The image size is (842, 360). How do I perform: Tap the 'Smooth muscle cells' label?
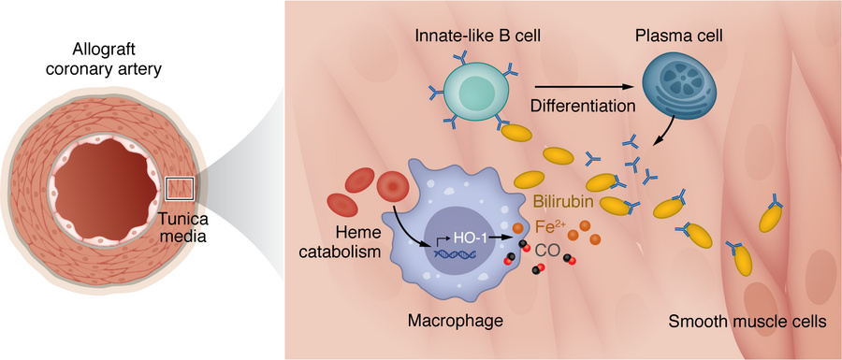click(747, 322)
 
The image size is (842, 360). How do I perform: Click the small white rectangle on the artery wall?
click(180, 188)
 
